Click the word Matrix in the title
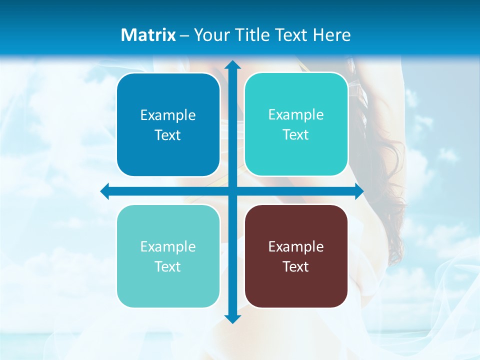[x=148, y=35]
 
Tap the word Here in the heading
[x=332, y=35]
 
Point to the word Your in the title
[x=210, y=35]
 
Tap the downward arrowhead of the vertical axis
[x=232, y=318]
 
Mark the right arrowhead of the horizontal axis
[x=359, y=191]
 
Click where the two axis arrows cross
[x=232, y=191]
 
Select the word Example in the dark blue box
[x=168, y=115]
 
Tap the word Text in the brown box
[x=296, y=266]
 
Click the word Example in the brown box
[x=296, y=246]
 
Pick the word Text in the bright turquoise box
[x=296, y=134]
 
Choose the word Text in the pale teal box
[x=168, y=266]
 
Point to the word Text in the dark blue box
[x=168, y=135]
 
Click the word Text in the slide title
[x=289, y=35]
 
